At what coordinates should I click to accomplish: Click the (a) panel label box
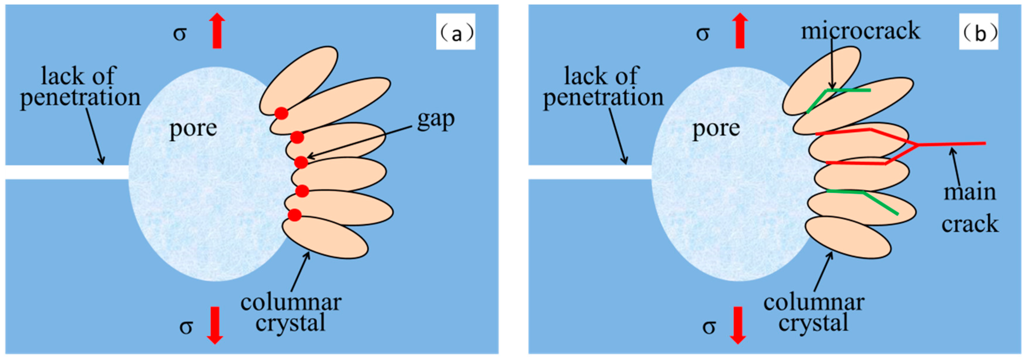(x=455, y=31)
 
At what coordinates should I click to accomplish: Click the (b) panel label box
(x=978, y=31)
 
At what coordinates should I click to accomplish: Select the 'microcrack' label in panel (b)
(x=860, y=31)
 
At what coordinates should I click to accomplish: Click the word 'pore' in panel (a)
(x=193, y=129)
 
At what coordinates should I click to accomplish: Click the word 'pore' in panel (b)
(x=716, y=129)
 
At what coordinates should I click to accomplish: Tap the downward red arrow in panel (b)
(x=738, y=325)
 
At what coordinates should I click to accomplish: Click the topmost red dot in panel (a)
(x=281, y=113)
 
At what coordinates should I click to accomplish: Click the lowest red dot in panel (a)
(x=294, y=215)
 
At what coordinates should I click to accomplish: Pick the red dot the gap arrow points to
(x=301, y=162)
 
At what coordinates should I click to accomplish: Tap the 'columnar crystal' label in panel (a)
(x=291, y=313)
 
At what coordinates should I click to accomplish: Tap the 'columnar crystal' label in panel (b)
(x=814, y=313)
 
